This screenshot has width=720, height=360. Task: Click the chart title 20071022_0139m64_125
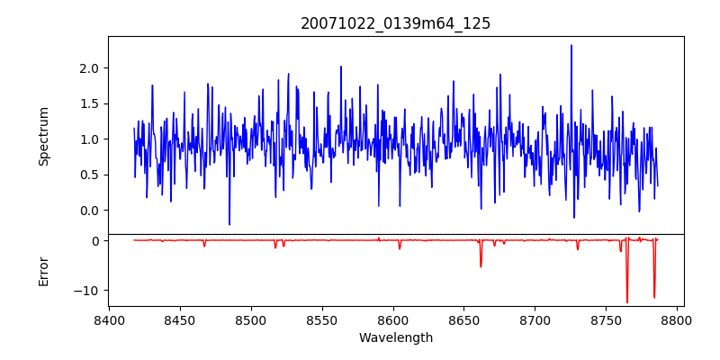395,23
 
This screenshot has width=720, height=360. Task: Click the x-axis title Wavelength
395,337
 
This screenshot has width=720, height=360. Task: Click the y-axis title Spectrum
44,136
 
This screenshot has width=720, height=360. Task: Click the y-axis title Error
44,270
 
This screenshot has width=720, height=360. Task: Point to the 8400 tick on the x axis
109,319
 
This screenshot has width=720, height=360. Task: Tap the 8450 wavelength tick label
180,319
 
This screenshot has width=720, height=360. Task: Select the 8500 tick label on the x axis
251,319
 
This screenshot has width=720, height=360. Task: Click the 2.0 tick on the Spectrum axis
88,68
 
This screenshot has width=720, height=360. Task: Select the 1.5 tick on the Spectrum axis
88,103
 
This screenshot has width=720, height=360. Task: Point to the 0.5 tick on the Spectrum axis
88,175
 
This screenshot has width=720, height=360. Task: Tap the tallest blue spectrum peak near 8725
571,46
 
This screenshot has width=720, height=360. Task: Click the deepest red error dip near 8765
627,301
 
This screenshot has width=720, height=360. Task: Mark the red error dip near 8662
481,266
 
